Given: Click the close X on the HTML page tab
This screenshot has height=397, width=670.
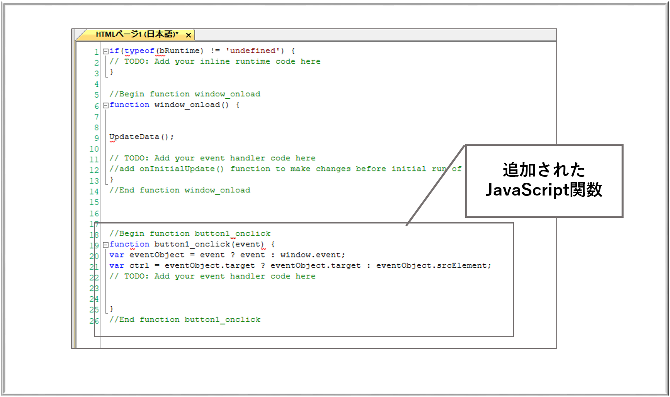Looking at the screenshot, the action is pos(189,35).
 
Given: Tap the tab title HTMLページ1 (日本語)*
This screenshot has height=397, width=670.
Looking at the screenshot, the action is pos(137,34).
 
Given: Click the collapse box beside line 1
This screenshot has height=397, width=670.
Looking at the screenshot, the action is pos(106,52).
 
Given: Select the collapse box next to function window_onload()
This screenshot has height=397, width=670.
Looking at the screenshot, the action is pos(106,105).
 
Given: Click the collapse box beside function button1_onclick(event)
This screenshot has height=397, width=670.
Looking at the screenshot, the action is pos(106,245).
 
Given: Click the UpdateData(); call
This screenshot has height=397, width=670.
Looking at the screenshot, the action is pos(141,137).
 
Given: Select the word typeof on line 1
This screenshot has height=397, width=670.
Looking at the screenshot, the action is pos(139,51).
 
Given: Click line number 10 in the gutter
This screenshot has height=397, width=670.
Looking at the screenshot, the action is pos(94,149).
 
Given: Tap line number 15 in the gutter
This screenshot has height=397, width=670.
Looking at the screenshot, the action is pos(94,202).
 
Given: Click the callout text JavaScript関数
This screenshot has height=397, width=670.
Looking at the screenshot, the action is pos(544,190).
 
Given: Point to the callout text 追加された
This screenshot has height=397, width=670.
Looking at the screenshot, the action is pos(544,170).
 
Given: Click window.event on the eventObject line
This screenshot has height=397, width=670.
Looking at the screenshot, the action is pos(313,255).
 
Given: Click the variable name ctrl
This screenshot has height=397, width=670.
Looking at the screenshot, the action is pos(139,265).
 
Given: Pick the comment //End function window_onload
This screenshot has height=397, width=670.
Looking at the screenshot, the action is pos(180,190).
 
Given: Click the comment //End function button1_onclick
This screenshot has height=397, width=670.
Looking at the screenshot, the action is pos(185,319).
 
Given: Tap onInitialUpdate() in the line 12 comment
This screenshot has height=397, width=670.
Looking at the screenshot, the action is pos(182,169).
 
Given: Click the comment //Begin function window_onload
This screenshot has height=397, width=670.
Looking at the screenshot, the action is pos(185,94).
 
